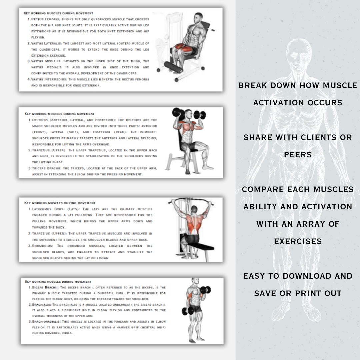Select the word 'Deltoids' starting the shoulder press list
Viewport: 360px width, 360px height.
click(40, 120)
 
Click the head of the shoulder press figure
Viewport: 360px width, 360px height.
click(188, 114)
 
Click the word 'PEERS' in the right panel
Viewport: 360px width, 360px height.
click(298, 155)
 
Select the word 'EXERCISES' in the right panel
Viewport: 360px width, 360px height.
click(298, 241)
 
